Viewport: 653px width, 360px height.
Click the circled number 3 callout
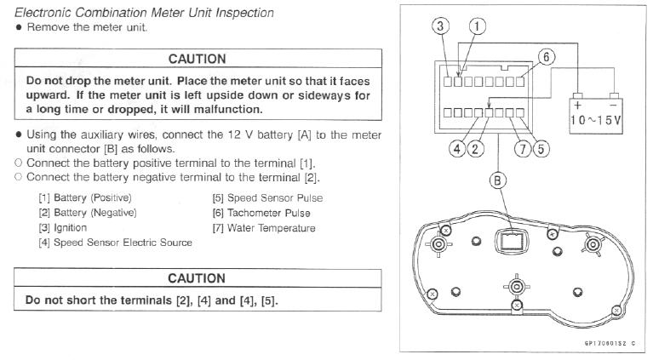(x=440, y=26)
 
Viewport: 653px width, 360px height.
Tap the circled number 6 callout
(x=547, y=57)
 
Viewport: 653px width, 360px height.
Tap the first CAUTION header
(x=197, y=59)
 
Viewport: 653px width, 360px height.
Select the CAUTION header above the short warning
(x=197, y=278)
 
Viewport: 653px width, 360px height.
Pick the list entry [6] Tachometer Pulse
(x=261, y=213)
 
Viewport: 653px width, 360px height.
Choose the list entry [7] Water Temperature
(x=264, y=228)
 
